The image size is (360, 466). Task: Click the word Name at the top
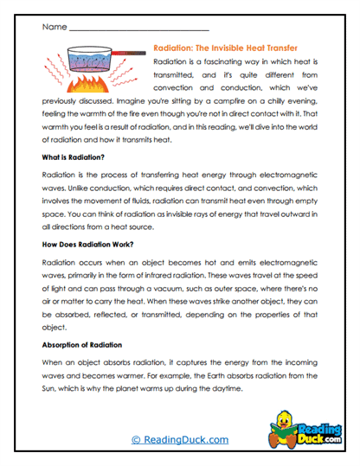pos(53,28)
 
